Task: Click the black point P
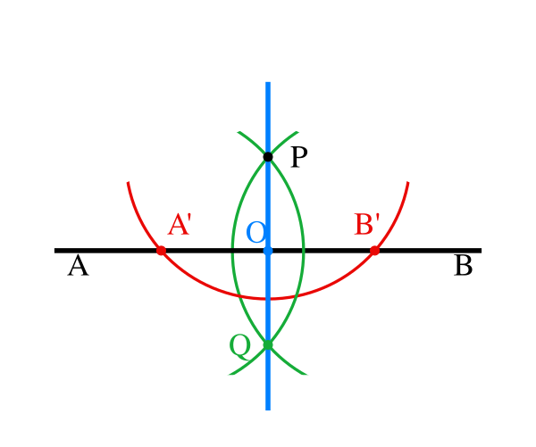pos(268,157)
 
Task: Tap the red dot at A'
pos(161,251)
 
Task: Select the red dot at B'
pos(374,251)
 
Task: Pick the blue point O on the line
pos(268,251)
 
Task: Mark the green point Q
pos(268,345)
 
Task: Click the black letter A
pos(79,266)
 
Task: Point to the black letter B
pos(464,266)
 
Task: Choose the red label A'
pos(180,224)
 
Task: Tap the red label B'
pos(367,224)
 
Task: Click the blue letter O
pos(256,232)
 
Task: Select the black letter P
pos(299,157)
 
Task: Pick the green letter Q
pos(240,347)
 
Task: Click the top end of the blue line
pos(268,82)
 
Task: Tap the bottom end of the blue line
pos(268,410)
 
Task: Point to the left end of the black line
pos(55,251)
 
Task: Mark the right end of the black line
pos(481,251)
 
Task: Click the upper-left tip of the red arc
pos(128,182)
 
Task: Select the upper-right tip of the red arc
pos(408,182)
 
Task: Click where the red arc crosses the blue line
pos(268,299)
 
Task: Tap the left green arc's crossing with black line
pos(232,251)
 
